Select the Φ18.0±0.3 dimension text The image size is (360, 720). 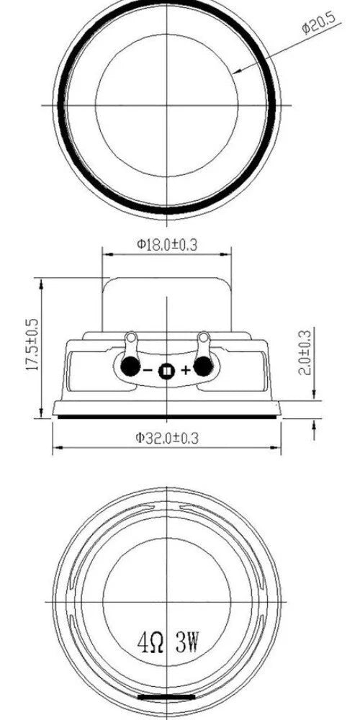point(167,244)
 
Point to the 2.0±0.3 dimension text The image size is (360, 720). point(305,352)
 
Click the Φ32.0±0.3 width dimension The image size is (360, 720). point(167,438)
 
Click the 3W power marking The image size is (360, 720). point(187,642)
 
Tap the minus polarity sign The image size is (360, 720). point(148,370)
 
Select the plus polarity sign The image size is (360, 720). point(185,370)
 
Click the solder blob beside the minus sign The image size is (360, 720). point(130,366)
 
